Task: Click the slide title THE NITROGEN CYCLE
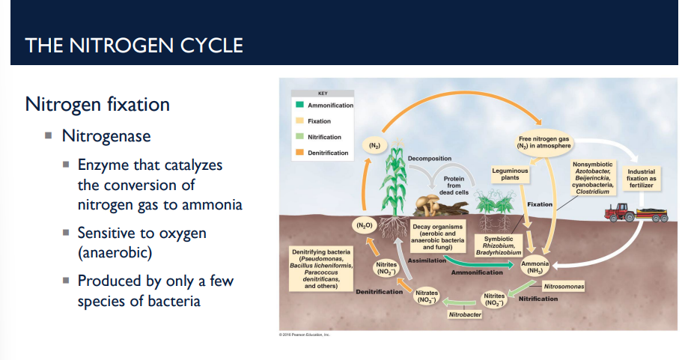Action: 134,45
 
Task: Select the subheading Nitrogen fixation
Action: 97,104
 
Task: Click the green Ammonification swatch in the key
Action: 299,106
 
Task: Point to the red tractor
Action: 619,213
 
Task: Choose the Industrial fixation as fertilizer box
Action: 641,178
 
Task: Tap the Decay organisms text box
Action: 438,235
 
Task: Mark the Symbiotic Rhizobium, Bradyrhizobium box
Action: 499,245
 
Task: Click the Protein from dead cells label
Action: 454,186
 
